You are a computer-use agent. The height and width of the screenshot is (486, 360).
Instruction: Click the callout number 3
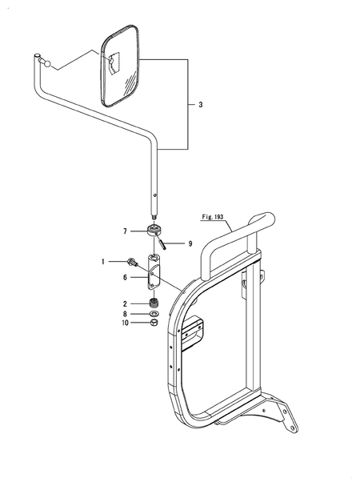[201, 104]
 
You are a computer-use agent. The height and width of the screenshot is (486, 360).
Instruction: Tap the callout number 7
[126, 231]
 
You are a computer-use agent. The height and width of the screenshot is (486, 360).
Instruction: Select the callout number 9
[190, 243]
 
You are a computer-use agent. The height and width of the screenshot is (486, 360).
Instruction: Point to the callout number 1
[102, 261]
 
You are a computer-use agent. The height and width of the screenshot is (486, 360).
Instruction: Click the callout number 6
[126, 277]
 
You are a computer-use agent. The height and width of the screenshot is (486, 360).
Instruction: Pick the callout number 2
[126, 303]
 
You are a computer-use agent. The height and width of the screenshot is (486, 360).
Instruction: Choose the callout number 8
[126, 314]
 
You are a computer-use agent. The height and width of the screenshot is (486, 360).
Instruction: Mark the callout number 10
[125, 323]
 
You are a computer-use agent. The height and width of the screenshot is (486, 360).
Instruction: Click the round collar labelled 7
[154, 231]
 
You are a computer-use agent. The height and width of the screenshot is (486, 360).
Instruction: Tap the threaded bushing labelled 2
[154, 303]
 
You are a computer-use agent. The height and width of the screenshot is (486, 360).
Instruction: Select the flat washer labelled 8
[154, 314]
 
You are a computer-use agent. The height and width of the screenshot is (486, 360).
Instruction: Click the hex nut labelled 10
[154, 323]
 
